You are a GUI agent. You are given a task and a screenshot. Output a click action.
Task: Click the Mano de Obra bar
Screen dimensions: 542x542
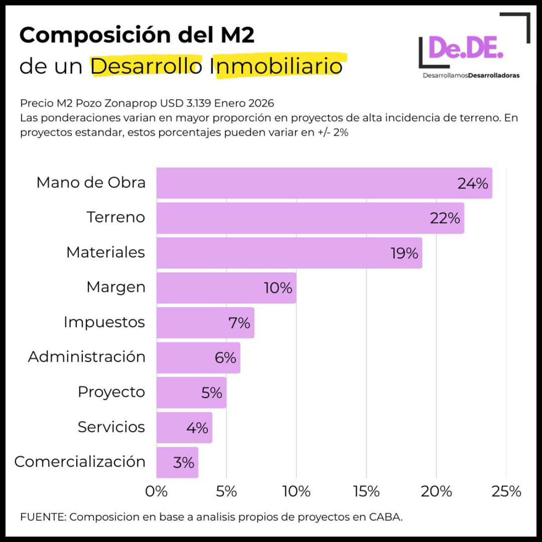coord(324,183)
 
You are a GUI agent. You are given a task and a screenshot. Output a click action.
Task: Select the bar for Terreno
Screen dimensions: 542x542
coord(310,218)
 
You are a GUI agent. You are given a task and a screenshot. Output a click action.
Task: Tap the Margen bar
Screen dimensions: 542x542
coord(226,288)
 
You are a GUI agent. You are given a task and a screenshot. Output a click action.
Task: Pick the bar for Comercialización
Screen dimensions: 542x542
coord(177,462)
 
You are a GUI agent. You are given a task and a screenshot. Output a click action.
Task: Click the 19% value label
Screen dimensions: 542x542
coord(404,253)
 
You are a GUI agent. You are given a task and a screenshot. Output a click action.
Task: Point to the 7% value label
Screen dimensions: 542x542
coord(239,323)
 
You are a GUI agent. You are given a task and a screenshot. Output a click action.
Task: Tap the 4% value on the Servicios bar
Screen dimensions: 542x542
coord(197,427)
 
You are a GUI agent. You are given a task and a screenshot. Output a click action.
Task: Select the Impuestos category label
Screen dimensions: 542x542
coord(104,322)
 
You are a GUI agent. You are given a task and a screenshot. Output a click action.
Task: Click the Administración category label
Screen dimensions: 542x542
coord(87,357)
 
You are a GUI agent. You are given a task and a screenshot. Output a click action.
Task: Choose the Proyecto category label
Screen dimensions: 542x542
coord(111,392)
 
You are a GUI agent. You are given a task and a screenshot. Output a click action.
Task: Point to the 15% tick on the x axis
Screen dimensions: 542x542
coord(367,491)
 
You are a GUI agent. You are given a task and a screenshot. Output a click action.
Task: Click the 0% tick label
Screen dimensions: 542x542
coord(157,491)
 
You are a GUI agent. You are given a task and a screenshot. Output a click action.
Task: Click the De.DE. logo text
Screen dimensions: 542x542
coord(466,48)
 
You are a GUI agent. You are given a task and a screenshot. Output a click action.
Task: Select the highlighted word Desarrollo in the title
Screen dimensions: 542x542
coord(146,66)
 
